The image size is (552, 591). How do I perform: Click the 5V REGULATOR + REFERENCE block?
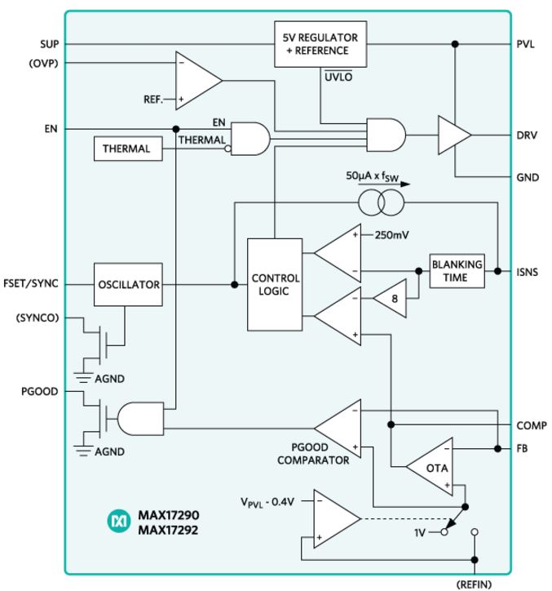pyautogui.click(x=320, y=44)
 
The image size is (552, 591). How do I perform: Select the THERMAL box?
pyautogui.click(x=128, y=149)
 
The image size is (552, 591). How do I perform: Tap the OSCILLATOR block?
pyautogui.click(x=128, y=284)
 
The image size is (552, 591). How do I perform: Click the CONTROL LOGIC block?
pyautogui.click(x=275, y=285)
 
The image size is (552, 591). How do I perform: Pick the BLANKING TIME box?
pyautogui.click(x=457, y=271)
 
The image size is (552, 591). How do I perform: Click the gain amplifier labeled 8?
pyautogui.click(x=391, y=299)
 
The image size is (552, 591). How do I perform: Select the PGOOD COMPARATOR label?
pyautogui.click(x=313, y=453)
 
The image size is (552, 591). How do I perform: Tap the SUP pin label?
pyautogui.click(x=49, y=44)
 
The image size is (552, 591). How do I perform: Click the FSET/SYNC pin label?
pyautogui.click(x=31, y=283)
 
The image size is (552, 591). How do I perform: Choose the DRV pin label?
pyautogui.click(x=527, y=135)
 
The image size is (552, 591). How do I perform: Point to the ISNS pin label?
pyautogui.click(x=527, y=272)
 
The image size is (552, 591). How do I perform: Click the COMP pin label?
pyautogui.click(x=532, y=425)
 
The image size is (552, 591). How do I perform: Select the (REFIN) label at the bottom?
pyautogui.click(x=474, y=584)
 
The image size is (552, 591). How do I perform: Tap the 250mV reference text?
pyautogui.click(x=391, y=235)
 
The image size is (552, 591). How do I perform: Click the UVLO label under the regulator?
pyautogui.click(x=338, y=77)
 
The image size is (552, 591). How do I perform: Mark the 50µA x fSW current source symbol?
pyautogui.click(x=381, y=202)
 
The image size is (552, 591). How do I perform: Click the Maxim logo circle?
pyautogui.click(x=118, y=522)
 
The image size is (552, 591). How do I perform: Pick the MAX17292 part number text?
pyautogui.click(x=168, y=530)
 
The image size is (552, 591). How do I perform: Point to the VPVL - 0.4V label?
pyautogui.click(x=267, y=502)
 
